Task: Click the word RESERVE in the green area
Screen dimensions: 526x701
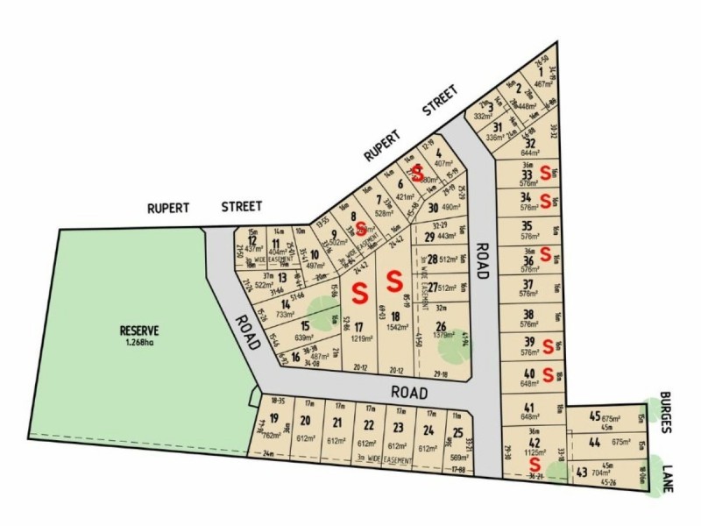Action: click(140, 331)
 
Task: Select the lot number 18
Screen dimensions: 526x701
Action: click(396, 316)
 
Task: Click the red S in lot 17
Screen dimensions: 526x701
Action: click(358, 288)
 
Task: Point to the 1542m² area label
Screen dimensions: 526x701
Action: click(397, 327)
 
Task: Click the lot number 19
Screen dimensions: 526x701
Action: click(274, 419)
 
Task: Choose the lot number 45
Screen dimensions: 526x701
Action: click(595, 416)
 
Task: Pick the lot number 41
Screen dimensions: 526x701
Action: click(528, 406)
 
